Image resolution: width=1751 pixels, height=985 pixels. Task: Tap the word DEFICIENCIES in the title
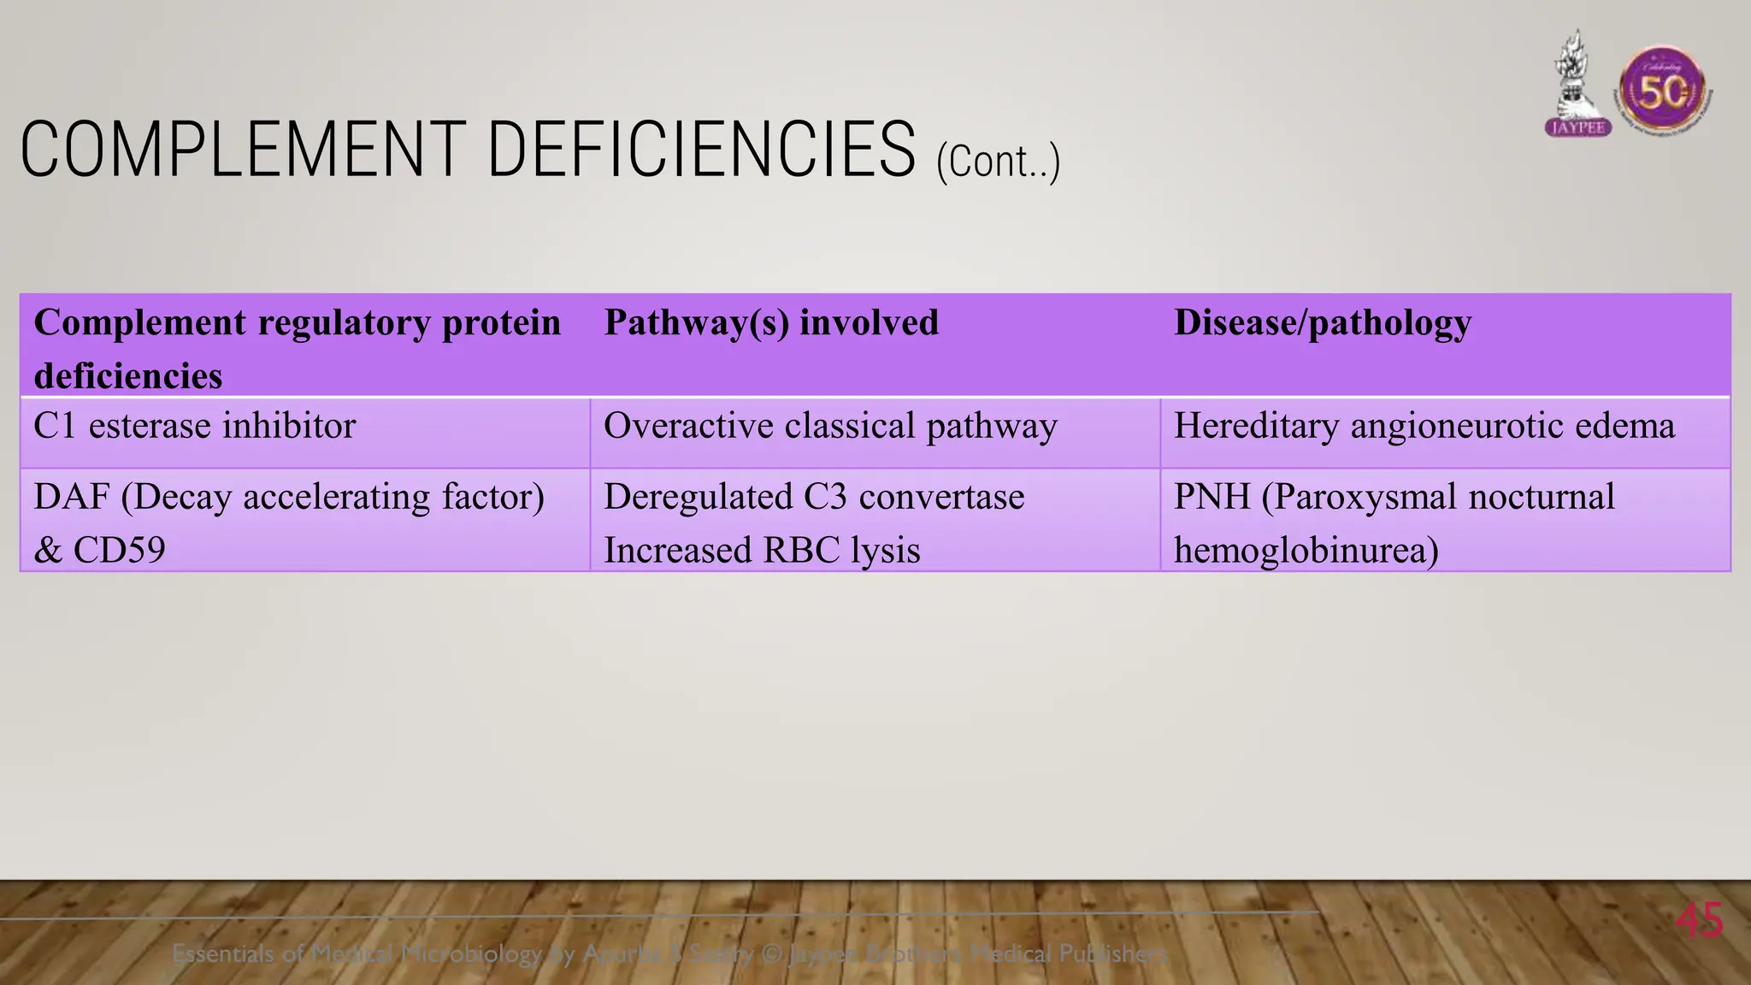coord(701,150)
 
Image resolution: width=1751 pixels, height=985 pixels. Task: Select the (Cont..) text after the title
coord(998,161)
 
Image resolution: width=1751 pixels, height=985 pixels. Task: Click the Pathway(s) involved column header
coord(770,322)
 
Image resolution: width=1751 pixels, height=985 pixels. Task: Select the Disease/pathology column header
coord(1322,322)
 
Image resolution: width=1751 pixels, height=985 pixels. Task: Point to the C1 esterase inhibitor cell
coord(194,426)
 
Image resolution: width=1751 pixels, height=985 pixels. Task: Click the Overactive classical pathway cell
coord(829,426)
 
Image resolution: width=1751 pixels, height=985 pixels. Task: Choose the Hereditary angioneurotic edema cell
coord(1424,426)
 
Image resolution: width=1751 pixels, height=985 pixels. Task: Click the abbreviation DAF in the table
coord(71,497)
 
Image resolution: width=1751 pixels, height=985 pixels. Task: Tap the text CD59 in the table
coord(119,550)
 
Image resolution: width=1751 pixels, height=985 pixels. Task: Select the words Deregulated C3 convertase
coord(813,497)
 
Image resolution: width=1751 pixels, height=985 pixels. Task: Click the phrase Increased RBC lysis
coord(761,550)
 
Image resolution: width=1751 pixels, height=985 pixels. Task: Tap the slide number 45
coord(1699,921)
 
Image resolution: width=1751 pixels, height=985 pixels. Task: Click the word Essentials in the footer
coord(222,953)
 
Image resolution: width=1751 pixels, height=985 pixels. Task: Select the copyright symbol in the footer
coord(771,953)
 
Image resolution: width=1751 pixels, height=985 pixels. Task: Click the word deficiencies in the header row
coord(127,376)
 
